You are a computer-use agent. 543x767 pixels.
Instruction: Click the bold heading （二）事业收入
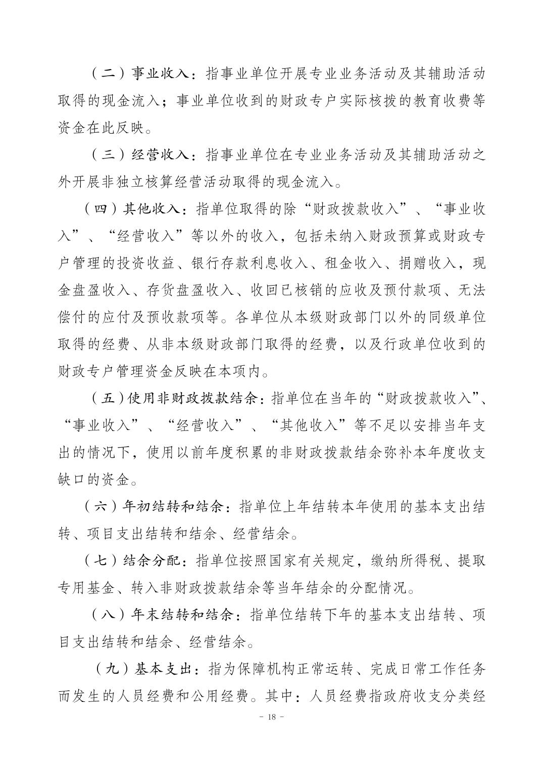click(x=140, y=74)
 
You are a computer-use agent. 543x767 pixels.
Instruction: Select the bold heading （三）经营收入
click(x=140, y=155)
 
